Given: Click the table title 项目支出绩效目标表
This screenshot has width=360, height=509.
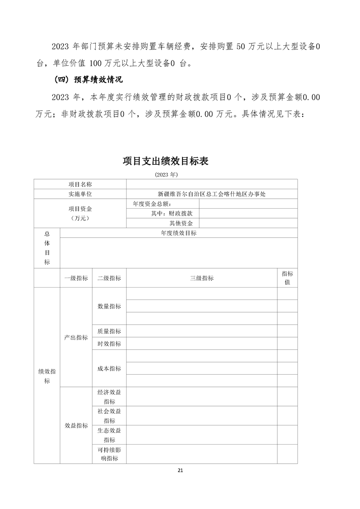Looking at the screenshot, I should [166, 161].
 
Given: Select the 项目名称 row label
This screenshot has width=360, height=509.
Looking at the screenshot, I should [80, 184].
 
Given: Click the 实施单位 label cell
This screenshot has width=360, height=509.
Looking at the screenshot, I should [80, 194].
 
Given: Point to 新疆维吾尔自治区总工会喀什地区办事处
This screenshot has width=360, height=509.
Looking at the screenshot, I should [212, 194].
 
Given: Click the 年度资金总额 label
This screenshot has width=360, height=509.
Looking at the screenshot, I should [151, 204].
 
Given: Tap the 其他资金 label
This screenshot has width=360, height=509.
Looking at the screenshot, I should [181, 223].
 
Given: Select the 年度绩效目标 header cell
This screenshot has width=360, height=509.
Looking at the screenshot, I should [178, 233].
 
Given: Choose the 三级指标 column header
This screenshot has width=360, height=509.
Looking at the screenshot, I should [202, 278].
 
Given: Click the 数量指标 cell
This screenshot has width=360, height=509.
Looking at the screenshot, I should [109, 306].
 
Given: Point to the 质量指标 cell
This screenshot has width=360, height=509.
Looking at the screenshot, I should [109, 331].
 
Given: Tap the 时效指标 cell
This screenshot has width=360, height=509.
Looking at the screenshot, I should [109, 344].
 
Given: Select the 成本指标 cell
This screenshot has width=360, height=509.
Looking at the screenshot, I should [109, 368].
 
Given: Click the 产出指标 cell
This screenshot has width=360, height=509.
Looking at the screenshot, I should [76, 337].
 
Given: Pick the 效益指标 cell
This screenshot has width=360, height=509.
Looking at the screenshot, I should [76, 425].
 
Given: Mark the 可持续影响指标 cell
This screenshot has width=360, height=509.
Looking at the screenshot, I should [109, 454].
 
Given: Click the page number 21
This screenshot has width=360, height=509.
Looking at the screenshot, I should [180, 470].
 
